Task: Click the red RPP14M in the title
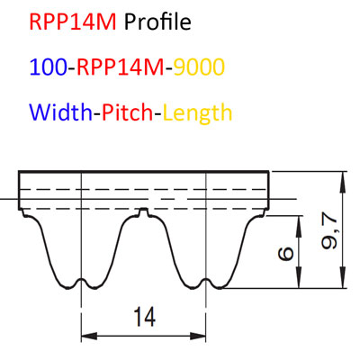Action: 73,22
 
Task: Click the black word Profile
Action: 157,22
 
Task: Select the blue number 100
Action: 48,67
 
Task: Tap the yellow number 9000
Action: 199,67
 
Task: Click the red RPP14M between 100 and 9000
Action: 121,67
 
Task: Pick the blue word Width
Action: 61,112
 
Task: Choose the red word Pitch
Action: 128,112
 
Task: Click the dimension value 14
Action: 145,317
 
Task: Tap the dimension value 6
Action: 286,254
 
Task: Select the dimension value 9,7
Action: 329,233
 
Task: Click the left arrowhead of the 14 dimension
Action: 89,336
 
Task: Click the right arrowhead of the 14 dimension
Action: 198,336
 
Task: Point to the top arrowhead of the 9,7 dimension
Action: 342,180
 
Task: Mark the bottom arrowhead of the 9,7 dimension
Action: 342,280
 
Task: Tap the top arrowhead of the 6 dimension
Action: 299,224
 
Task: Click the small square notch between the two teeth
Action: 144,212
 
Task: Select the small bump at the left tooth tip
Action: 81,283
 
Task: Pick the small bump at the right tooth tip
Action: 205,283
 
